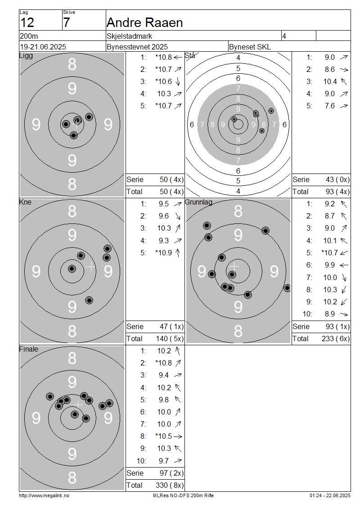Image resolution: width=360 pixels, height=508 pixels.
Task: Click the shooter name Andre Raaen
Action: coord(144,22)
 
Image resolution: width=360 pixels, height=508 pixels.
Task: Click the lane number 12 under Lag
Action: coord(27,22)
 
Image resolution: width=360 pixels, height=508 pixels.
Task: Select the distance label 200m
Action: coord(29,36)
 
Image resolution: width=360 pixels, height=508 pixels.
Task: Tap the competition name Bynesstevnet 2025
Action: coord(137,47)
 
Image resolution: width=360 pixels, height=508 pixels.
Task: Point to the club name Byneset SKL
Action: coord(250,47)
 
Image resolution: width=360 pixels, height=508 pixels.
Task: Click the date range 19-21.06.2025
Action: coord(43,47)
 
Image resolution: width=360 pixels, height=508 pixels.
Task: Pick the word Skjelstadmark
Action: coord(130,36)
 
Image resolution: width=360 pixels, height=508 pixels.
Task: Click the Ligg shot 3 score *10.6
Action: coord(163,81)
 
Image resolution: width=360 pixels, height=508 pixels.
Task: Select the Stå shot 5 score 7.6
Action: coord(330,106)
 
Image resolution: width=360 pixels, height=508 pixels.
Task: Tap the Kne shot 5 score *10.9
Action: coord(163,253)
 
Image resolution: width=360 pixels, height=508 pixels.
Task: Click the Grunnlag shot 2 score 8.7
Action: coord(330,216)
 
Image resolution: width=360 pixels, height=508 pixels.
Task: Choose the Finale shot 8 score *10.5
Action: coord(163,436)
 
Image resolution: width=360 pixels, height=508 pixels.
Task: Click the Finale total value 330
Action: coord(162,485)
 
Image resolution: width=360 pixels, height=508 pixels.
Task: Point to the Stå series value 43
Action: coord(330,179)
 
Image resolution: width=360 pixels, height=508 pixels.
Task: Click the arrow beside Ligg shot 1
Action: coord(178,58)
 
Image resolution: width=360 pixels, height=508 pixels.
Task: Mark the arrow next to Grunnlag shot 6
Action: coord(344,265)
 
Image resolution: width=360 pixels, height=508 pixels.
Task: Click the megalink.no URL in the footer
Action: coord(44,495)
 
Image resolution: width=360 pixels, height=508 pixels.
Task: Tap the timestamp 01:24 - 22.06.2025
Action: coord(330,495)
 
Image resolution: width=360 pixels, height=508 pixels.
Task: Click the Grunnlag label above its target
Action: coord(198,202)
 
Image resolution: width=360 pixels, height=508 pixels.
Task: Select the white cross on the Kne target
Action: coord(91,267)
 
